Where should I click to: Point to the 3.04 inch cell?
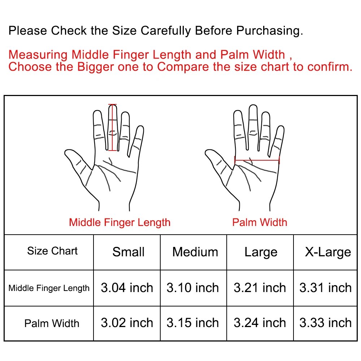127,288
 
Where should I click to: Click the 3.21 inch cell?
260,288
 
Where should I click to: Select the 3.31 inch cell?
325,288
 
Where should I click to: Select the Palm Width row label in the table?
52,323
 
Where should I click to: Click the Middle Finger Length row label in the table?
49,288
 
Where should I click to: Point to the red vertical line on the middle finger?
112,127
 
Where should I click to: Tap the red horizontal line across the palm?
257,160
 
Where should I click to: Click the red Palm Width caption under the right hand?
260,222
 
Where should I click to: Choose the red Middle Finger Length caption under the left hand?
120,223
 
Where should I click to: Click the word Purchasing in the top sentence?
269,31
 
